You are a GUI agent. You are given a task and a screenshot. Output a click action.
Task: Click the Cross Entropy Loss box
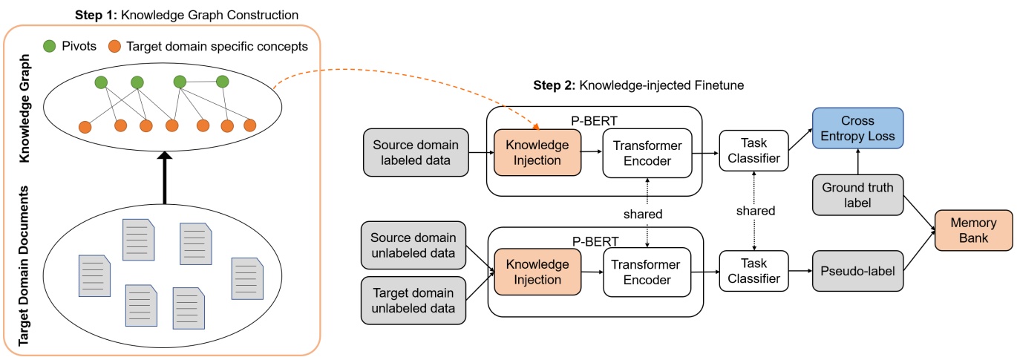(857, 128)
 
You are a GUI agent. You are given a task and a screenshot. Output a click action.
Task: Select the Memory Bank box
(973, 231)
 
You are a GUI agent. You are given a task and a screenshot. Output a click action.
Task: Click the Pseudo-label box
(857, 272)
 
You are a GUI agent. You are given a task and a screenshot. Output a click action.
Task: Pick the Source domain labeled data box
(416, 153)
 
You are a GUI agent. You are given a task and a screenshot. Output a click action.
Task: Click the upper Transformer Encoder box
(647, 153)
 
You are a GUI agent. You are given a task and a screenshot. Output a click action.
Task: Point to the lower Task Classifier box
(754, 272)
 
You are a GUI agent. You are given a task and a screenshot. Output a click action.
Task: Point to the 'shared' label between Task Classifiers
(756, 211)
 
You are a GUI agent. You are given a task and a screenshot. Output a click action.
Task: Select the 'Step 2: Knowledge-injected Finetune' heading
(638, 85)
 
